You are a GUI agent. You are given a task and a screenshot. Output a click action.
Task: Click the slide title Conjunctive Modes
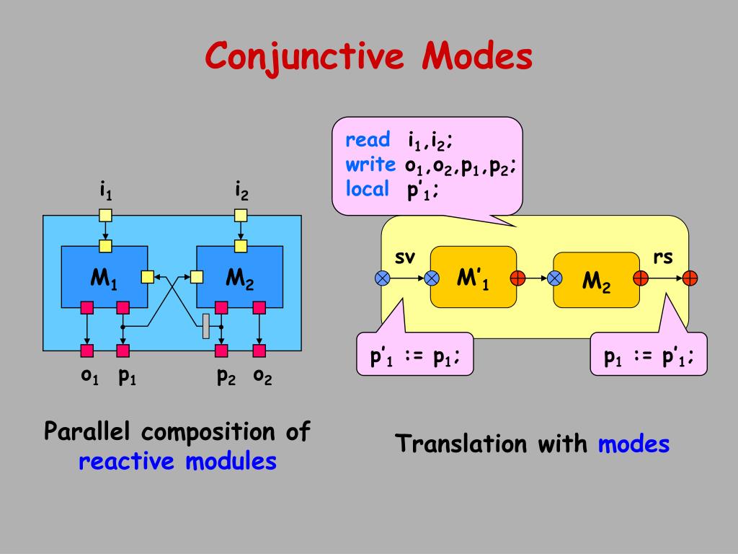point(368,56)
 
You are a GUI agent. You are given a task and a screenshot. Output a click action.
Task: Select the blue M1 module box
point(104,276)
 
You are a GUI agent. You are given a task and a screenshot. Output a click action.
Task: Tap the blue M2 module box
point(239,276)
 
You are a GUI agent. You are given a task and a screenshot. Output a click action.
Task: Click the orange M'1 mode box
point(473,278)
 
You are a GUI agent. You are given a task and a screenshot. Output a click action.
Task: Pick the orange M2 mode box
point(596,280)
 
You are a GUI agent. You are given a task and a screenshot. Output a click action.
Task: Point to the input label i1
point(105,191)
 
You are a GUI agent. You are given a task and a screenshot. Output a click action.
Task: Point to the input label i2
point(241,191)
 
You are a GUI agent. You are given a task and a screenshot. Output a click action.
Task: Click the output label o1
point(89,376)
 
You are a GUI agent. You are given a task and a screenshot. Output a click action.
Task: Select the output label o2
point(262,376)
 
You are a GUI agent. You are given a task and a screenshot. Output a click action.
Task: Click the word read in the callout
point(368,140)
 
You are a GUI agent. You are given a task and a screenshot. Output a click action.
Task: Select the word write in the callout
point(370,164)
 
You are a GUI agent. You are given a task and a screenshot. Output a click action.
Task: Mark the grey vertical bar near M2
point(206,325)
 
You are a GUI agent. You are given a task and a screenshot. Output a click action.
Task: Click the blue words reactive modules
point(177,461)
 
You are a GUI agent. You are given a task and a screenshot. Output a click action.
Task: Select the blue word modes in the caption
point(633,444)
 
